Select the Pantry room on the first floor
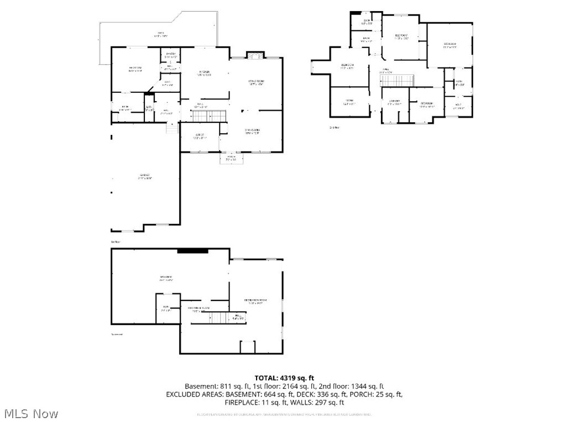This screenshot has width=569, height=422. click(x=170, y=55)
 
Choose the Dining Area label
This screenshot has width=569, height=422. click(x=252, y=131)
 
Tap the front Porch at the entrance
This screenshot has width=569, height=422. click(x=231, y=158)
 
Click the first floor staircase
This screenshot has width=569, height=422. click(x=209, y=116)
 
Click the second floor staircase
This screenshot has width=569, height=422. click(x=397, y=80)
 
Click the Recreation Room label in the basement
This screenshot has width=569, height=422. click(x=256, y=301)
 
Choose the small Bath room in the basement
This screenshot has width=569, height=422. click(x=165, y=308)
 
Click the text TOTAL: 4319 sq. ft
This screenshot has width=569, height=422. click(x=284, y=378)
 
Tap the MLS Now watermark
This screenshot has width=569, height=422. click(x=31, y=413)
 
